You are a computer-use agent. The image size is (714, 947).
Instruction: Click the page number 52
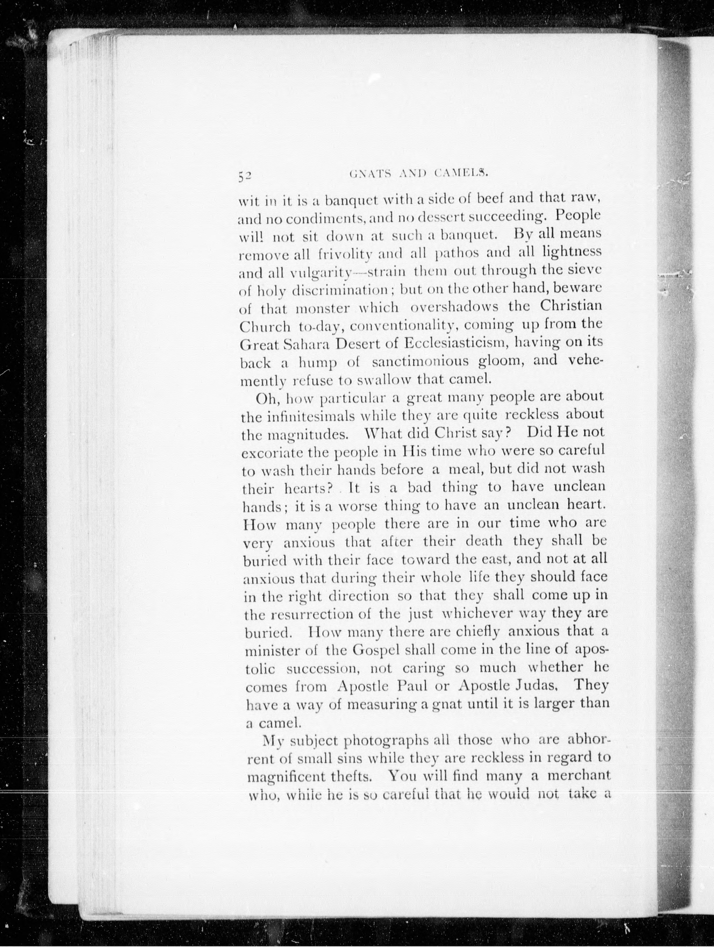point(246,177)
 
